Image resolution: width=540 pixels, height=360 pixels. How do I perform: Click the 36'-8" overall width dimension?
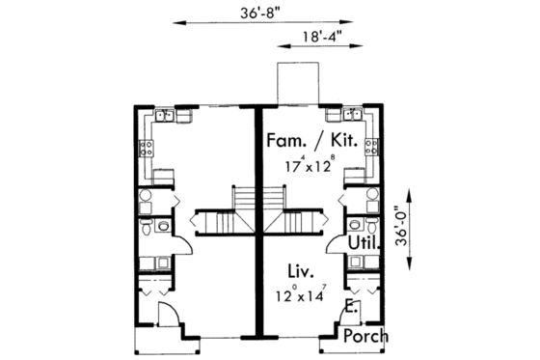tap(256, 14)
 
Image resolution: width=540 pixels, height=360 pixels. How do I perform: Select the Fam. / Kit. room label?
tap(315, 142)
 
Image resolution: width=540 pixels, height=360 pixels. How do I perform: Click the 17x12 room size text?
tap(309, 164)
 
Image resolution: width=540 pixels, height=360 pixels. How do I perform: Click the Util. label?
tap(367, 244)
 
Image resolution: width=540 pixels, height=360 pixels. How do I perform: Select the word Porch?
tap(366, 337)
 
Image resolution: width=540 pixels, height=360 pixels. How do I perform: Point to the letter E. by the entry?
tap(349, 307)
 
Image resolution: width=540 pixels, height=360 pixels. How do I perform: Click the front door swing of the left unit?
tap(166, 312)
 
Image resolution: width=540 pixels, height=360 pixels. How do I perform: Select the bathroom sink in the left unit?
tap(163, 228)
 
